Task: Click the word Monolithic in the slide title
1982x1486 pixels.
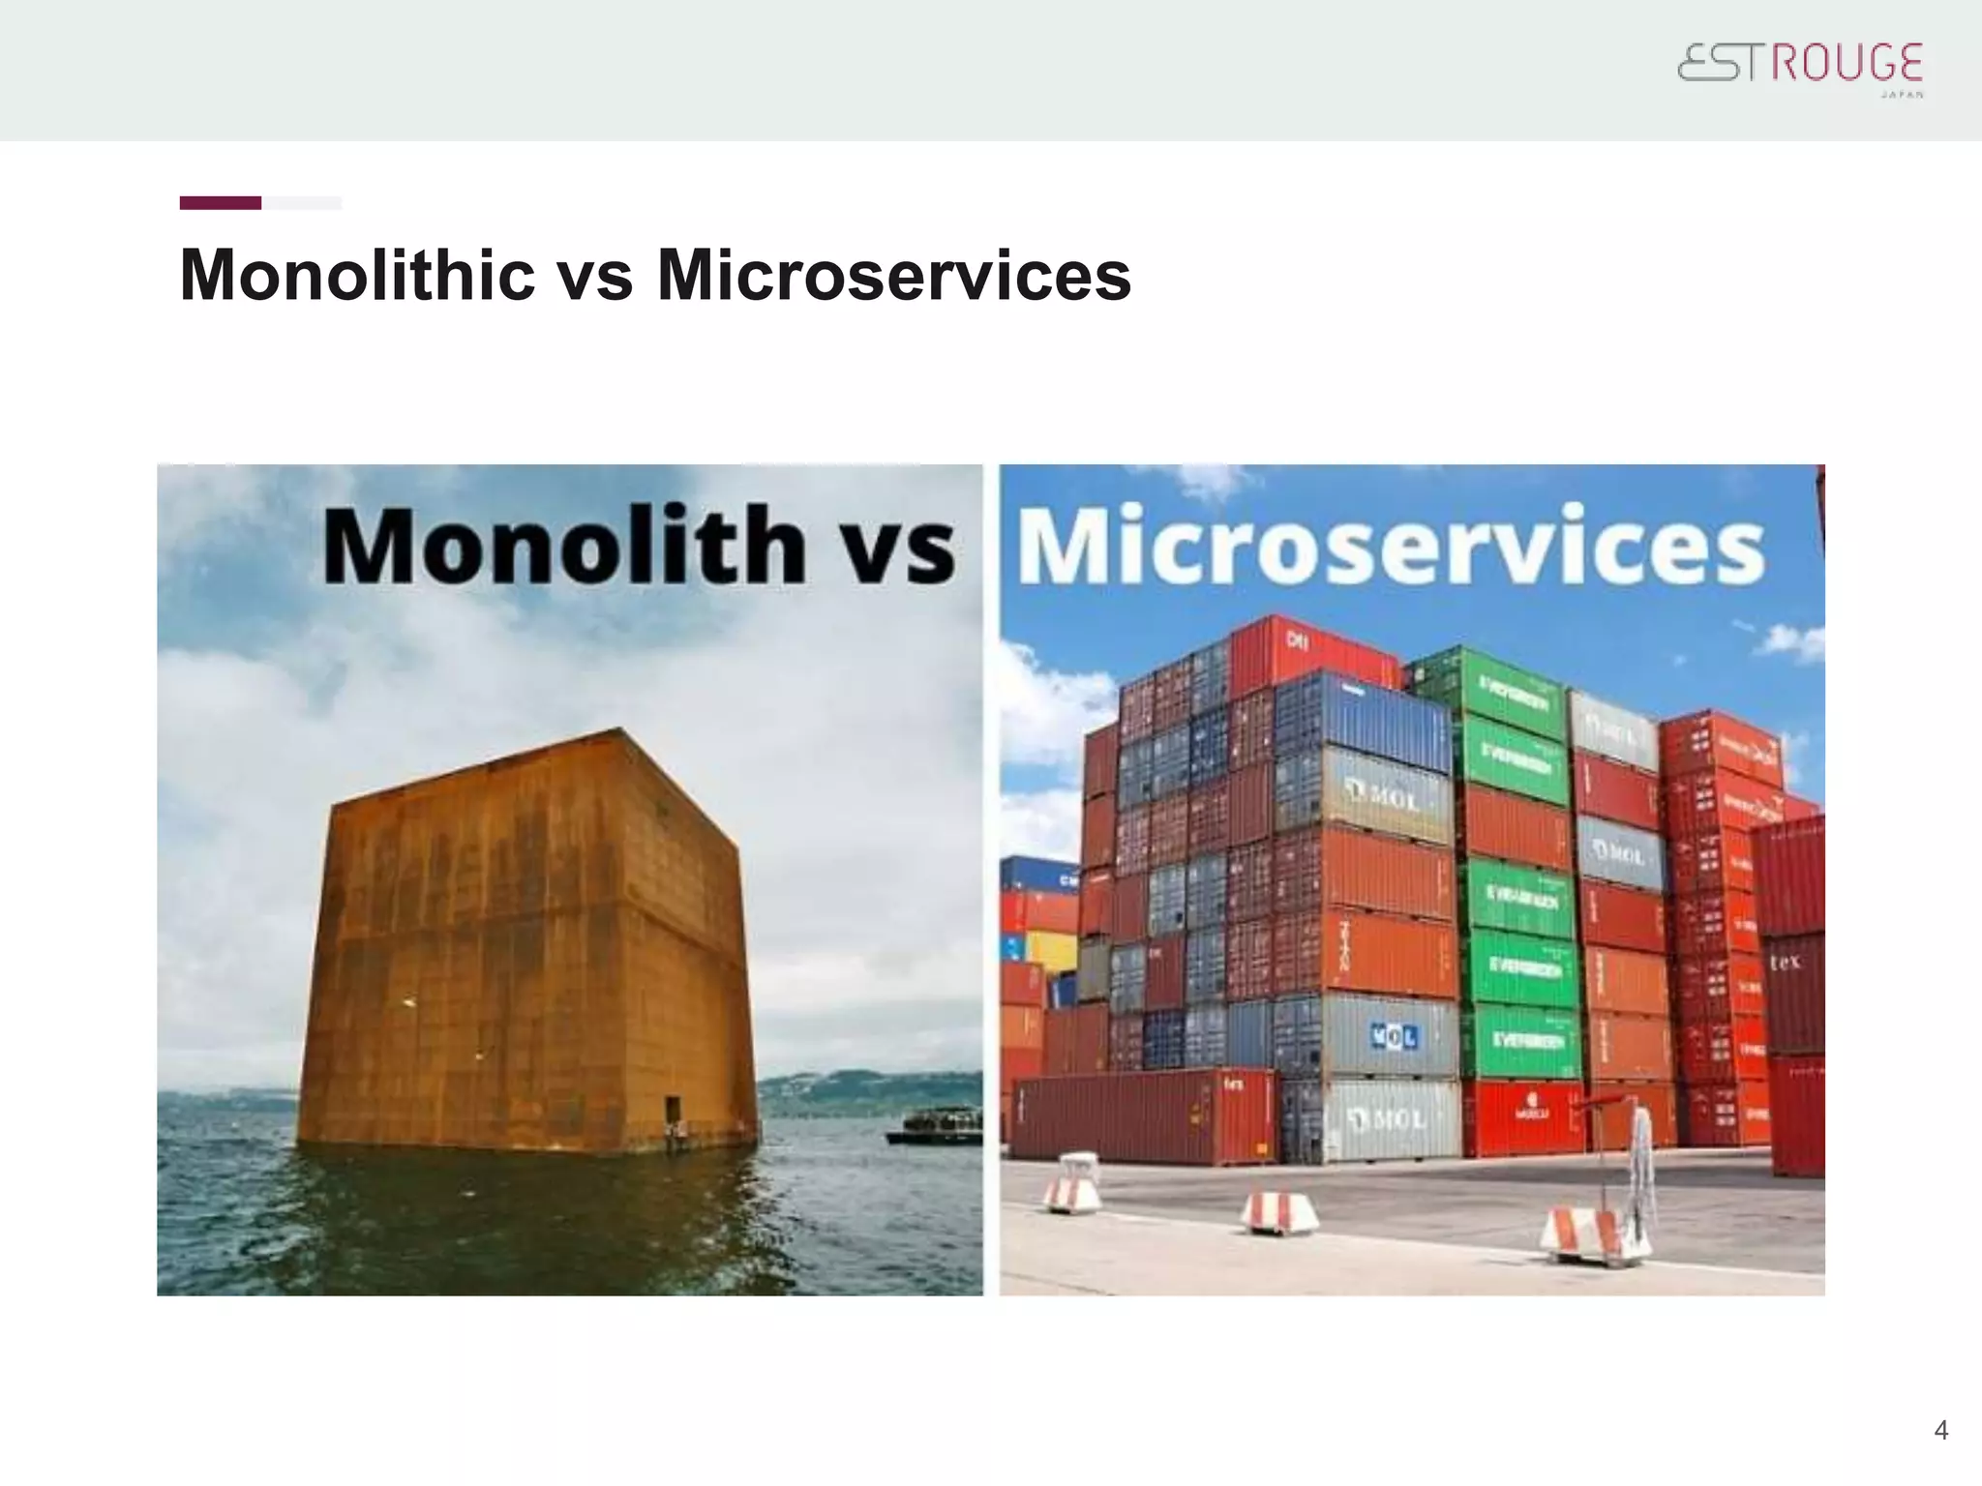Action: (x=357, y=276)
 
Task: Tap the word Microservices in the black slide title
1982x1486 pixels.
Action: (x=893, y=276)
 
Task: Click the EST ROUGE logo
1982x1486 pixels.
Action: (x=1800, y=66)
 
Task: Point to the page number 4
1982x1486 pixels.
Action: (x=1940, y=1430)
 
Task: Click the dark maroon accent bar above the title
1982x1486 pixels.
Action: (x=220, y=203)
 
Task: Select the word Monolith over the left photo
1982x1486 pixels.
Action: (x=564, y=545)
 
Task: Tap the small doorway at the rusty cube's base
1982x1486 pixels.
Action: (x=672, y=1110)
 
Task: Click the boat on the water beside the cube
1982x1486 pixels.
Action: (x=934, y=1125)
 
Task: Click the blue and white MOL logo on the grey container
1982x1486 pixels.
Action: (x=1394, y=1037)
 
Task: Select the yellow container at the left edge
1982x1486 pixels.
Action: (x=1050, y=951)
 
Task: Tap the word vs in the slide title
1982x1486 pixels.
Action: (x=594, y=276)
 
